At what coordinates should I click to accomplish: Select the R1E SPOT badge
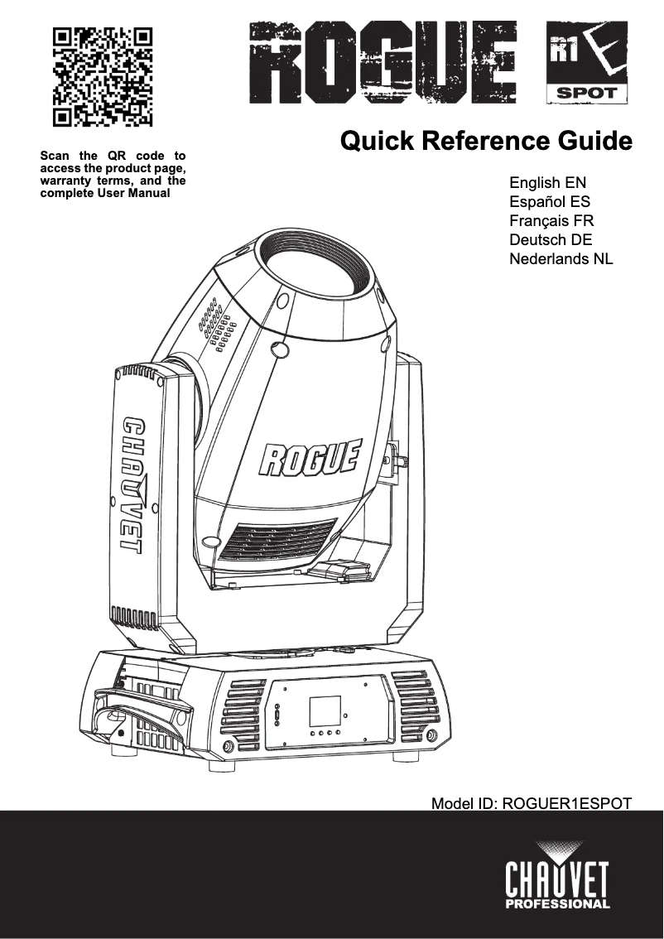[x=586, y=63]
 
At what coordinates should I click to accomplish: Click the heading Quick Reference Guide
[x=486, y=141]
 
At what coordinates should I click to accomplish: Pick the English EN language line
[x=548, y=183]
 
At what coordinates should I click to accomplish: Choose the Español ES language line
[x=550, y=202]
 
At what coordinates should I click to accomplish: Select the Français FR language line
[x=551, y=221]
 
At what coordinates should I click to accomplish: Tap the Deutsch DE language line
[x=551, y=240]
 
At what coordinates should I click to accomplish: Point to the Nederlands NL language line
[x=561, y=259]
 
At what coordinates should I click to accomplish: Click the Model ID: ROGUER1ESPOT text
[x=532, y=803]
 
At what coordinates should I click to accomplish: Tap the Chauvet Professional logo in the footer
[x=557, y=875]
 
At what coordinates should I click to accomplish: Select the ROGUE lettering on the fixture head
[x=311, y=458]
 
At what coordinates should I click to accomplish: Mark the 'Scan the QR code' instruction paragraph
[x=113, y=174]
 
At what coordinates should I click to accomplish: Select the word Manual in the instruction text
[x=149, y=194]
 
